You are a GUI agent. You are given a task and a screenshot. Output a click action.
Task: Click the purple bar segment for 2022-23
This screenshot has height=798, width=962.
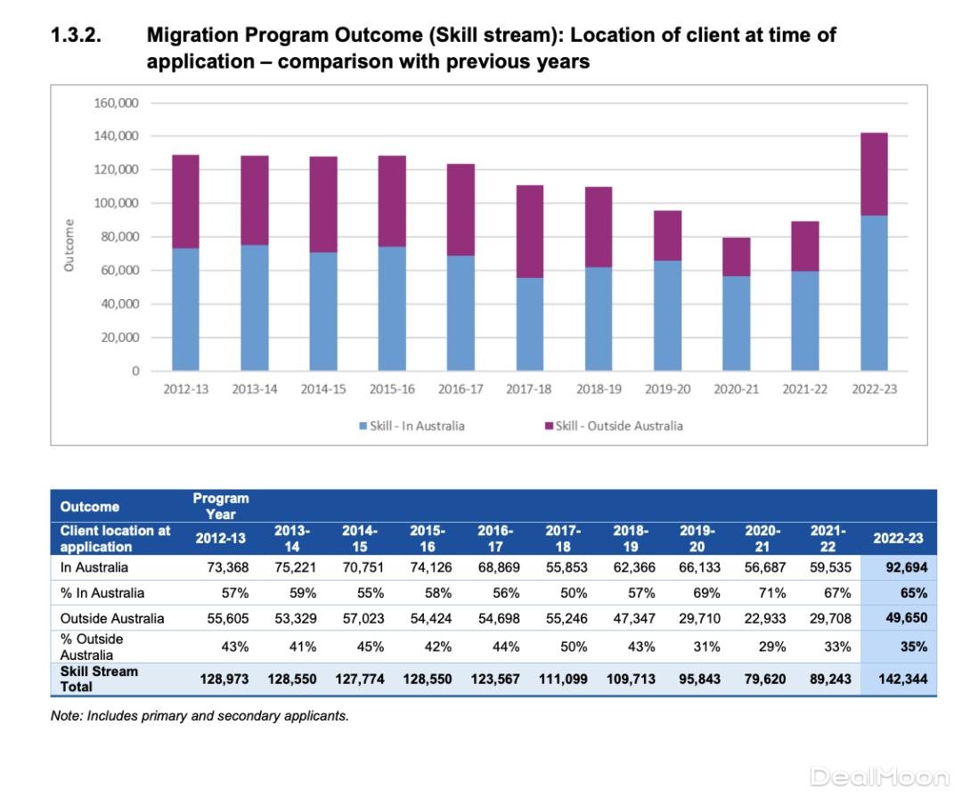pos(874,174)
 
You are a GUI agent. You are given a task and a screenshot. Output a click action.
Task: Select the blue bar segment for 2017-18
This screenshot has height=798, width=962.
pos(530,324)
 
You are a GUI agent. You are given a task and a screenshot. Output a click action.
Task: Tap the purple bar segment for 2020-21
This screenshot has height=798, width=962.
pos(736,256)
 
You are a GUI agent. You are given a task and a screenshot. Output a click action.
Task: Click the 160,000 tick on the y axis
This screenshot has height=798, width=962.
pos(116,102)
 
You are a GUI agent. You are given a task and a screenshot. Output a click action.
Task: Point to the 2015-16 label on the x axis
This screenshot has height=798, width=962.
pos(391,389)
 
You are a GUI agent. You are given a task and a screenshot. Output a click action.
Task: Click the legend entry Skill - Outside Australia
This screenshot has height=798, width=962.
pos(614,426)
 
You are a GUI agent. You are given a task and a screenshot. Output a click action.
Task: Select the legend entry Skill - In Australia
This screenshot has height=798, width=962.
pos(412,426)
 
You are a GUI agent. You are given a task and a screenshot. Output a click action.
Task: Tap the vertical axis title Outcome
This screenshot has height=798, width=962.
pos(69,245)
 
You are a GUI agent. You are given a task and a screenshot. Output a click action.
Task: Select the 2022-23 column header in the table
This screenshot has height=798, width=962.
pos(898,538)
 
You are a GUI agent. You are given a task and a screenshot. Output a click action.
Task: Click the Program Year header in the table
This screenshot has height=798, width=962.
pos(220,506)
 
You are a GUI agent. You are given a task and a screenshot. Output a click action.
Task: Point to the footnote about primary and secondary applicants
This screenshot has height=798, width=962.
pos(200,716)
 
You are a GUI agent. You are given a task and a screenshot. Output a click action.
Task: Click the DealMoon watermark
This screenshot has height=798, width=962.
pos(880,777)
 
